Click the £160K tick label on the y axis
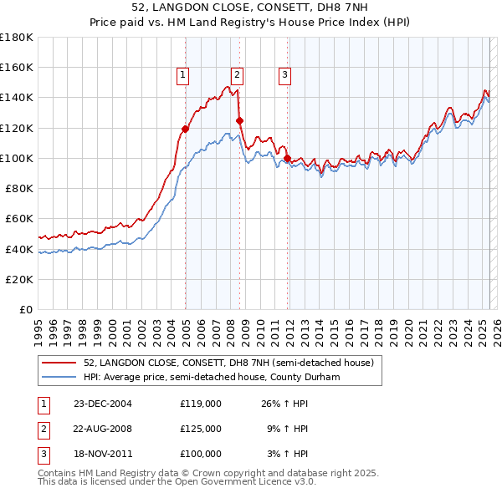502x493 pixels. [17, 68]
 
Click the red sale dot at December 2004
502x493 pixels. [185, 129]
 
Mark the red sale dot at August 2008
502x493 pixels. [239, 120]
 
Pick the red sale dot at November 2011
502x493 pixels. [287, 158]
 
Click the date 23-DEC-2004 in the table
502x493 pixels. [103, 404]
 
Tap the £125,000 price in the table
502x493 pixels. [201, 429]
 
